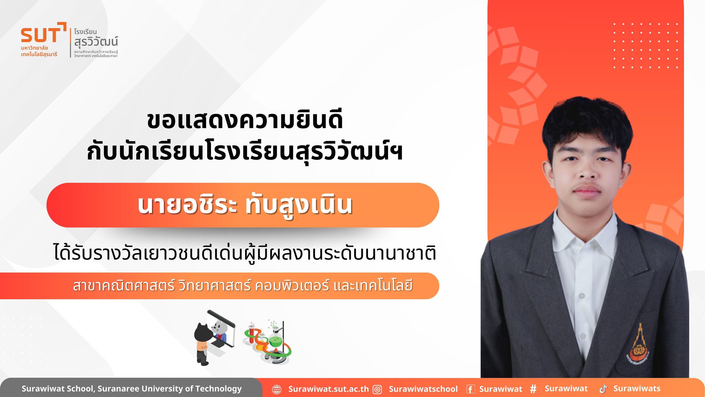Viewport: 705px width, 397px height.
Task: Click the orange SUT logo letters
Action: [41, 35]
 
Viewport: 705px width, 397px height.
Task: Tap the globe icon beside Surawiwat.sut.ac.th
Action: [277, 389]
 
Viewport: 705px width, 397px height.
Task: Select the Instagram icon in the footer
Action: [378, 389]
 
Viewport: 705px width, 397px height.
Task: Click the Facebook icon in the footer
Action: [471, 389]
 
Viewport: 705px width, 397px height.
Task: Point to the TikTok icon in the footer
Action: [603, 389]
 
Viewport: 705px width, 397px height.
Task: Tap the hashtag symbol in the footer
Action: [533, 389]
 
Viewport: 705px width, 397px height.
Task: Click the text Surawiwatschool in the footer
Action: [423, 389]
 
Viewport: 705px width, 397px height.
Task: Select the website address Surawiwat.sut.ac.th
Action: [328, 389]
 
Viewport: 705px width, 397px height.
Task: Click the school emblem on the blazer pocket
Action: [638, 345]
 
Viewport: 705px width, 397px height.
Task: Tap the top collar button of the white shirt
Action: [582, 296]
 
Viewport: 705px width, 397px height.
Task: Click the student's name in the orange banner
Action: [245, 205]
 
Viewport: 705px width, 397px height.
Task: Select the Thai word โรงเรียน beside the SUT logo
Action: [85, 32]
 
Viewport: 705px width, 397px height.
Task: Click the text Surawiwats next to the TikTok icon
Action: [637, 389]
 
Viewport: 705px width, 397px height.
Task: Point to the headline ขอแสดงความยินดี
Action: [245, 120]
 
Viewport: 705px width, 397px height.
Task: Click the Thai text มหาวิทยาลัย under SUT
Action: [34, 48]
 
